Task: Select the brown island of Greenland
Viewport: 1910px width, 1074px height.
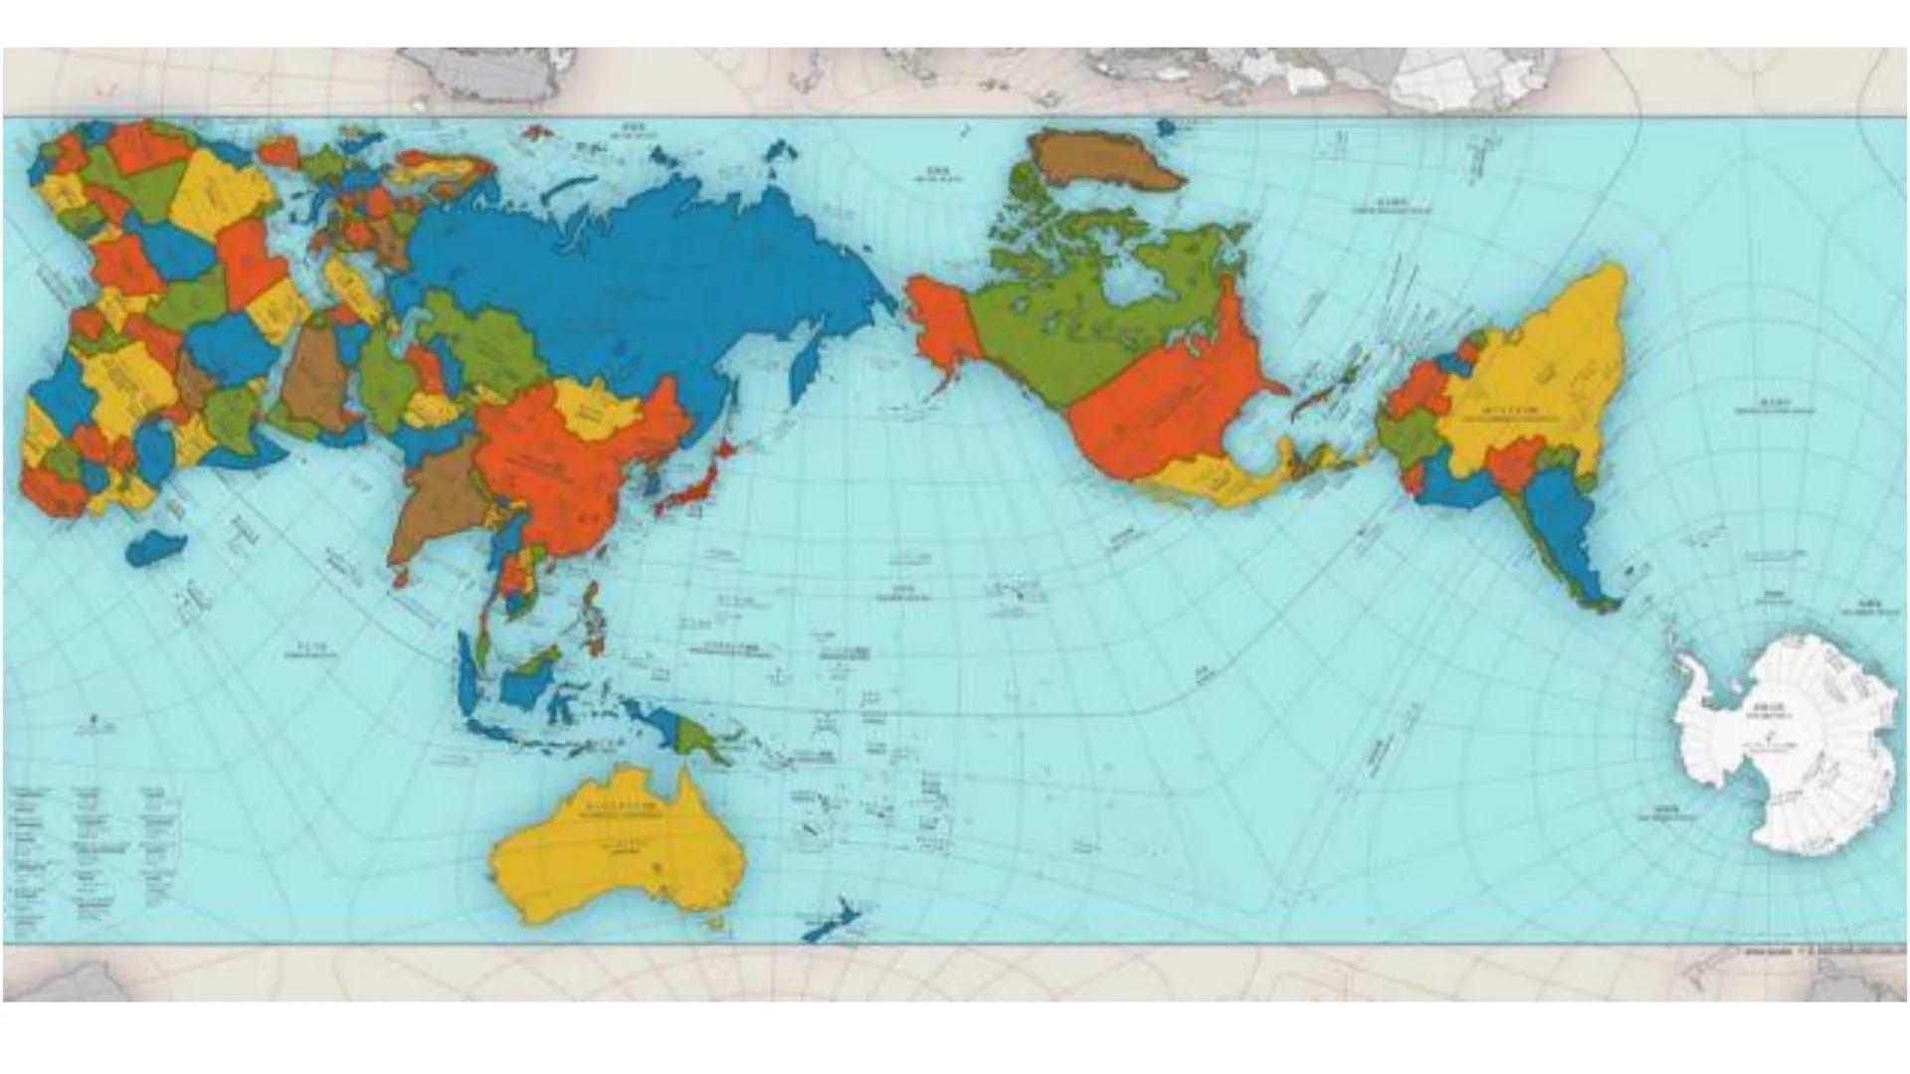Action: (x=1104, y=159)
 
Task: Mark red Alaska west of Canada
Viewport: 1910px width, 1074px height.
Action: (x=940, y=318)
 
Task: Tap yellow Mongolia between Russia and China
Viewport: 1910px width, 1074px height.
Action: (x=597, y=408)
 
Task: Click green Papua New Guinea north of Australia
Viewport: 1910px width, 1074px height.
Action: (x=696, y=736)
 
